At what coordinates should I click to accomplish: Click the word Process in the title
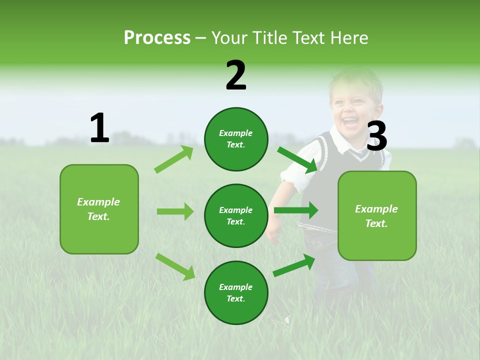(x=157, y=38)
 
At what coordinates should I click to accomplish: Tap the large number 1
(x=99, y=128)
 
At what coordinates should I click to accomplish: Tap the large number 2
(x=236, y=76)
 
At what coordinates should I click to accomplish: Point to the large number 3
(x=376, y=136)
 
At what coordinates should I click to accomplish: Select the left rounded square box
(x=99, y=209)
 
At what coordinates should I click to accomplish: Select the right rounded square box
(x=377, y=215)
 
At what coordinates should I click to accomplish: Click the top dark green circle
(x=236, y=139)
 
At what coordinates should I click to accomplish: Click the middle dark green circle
(x=236, y=215)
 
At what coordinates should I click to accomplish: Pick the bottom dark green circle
(x=236, y=292)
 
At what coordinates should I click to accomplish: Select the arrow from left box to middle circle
(x=175, y=211)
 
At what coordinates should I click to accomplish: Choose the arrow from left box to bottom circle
(x=175, y=266)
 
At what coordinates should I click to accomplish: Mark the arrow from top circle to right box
(x=297, y=159)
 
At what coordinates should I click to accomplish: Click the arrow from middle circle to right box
(x=296, y=210)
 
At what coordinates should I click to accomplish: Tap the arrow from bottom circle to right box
(x=294, y=265)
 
